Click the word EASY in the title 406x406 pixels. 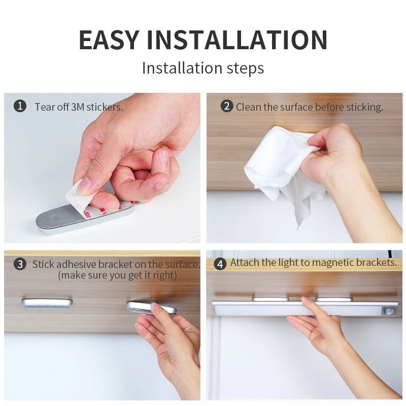point(109,40)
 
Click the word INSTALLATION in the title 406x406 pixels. point(237,40)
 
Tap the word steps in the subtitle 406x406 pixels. point(245,69)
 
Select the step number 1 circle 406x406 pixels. point(20,106)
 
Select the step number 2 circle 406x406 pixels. point(227,106)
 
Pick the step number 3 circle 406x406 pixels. point(20,264)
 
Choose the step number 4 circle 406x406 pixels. point(220,264)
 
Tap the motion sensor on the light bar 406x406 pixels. point(388,311)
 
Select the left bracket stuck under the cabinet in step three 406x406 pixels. point(47,302)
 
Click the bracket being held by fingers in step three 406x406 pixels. point(150,308)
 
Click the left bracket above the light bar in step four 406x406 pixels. point(270,299)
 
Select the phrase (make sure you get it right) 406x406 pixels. point(117,275)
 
